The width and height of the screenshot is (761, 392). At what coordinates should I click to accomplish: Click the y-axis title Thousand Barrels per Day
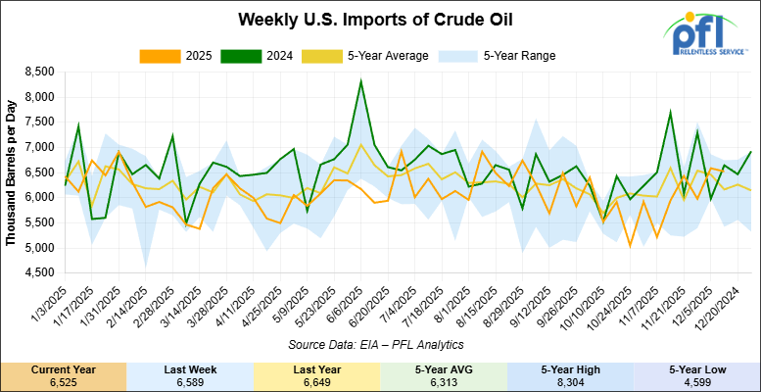point(11,171)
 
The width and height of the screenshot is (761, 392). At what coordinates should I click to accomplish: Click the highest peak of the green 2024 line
point(361,80)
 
